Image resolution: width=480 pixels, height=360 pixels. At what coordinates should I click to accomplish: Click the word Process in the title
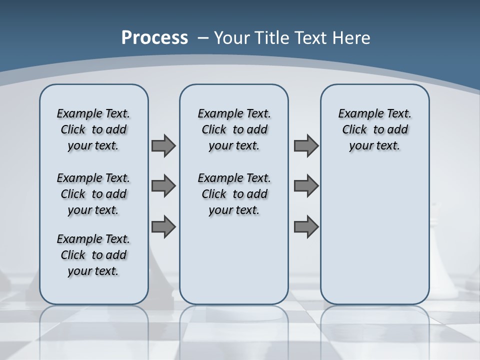click(x=154, y=38)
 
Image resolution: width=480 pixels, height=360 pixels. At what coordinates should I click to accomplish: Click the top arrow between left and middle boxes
click(x=163, y=145)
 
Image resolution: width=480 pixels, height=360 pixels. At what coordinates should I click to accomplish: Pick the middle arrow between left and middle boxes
click(x=163, y=186)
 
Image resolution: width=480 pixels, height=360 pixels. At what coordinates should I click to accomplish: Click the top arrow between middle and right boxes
click(x=306, y=145)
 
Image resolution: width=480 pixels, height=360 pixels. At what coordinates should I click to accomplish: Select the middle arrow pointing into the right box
click(x=306, y=186)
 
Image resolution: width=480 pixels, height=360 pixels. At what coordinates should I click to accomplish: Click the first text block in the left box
click(x=93, y=129)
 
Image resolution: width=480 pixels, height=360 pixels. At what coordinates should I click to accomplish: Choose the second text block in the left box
click(x=93, y=194)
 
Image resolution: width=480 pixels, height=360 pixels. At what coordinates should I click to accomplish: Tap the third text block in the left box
click(x=93, y=255)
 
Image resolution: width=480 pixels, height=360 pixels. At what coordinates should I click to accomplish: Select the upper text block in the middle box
click(x=234, y=129)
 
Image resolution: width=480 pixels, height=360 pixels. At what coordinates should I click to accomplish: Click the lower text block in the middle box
click(x=234, y=194)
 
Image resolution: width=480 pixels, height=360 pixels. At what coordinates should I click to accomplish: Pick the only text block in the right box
click(x=374, y=129)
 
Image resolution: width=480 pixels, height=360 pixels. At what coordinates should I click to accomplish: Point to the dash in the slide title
click(x=203, y=38)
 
